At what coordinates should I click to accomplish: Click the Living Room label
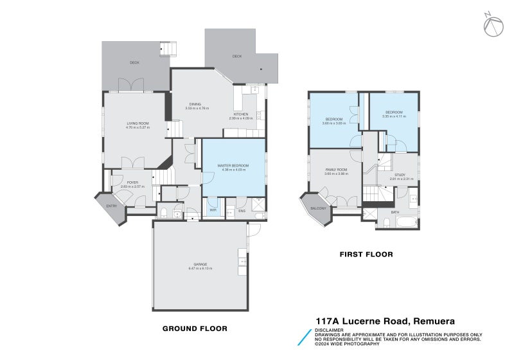tap(137, 123)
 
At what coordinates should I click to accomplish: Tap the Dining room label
tap(195, 104)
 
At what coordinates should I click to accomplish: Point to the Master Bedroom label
tap(234, 165)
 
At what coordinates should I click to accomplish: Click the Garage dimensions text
tap(200, 269)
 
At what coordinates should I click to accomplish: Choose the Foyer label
tap(132, 183)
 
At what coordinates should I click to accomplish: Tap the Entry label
tap(112, 206)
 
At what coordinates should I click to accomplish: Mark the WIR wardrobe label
tap(212, 210)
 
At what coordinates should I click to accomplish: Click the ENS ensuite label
tap(242, 210)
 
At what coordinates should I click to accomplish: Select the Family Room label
tap(335, 170)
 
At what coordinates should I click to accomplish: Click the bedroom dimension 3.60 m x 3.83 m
tap(333, 122)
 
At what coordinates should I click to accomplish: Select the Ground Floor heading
tap(195, 328)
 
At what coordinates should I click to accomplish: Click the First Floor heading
tap(366, 255)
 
